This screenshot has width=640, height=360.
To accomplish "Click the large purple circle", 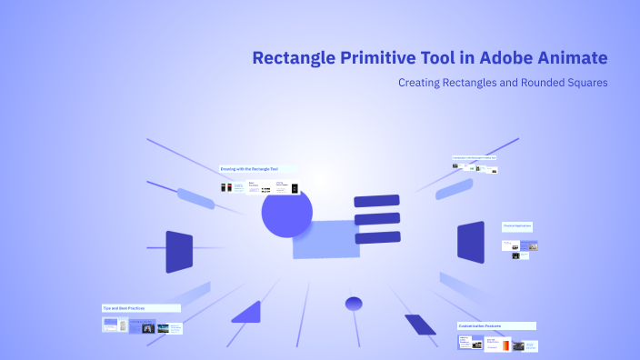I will coord(286,213).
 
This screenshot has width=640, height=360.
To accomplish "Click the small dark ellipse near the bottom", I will coord(354,303).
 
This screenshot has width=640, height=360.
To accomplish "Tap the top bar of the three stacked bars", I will coord(376,200).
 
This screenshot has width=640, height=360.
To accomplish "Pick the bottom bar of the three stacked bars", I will coord(377,237).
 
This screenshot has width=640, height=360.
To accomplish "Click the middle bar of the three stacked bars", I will coord(377,218).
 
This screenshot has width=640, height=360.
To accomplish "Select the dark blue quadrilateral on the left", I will coord(179,252).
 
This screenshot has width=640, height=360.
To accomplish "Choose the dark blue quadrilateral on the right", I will coord(470,243).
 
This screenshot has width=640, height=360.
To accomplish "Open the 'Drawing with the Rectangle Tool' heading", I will coord(248,169).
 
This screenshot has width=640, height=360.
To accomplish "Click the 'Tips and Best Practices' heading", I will coord(124,308).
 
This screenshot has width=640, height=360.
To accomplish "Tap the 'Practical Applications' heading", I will coord(516,225).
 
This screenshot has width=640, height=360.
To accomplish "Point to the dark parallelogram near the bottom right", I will coord(420,324).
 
